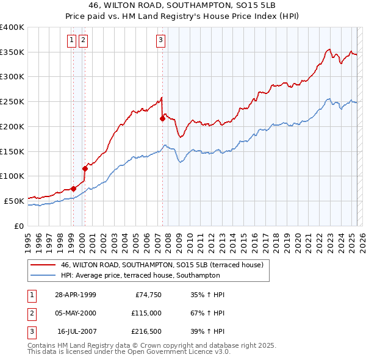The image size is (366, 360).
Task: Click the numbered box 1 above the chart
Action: click(71, 41)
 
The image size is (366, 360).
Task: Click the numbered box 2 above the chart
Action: click(82, 41)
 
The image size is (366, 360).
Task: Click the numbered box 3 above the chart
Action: click(160, 41)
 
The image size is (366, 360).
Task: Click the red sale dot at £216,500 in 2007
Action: click(163, 118)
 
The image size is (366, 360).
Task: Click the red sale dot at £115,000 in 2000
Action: click(85, 168)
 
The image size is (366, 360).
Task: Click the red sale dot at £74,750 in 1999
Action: click(74, 189)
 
